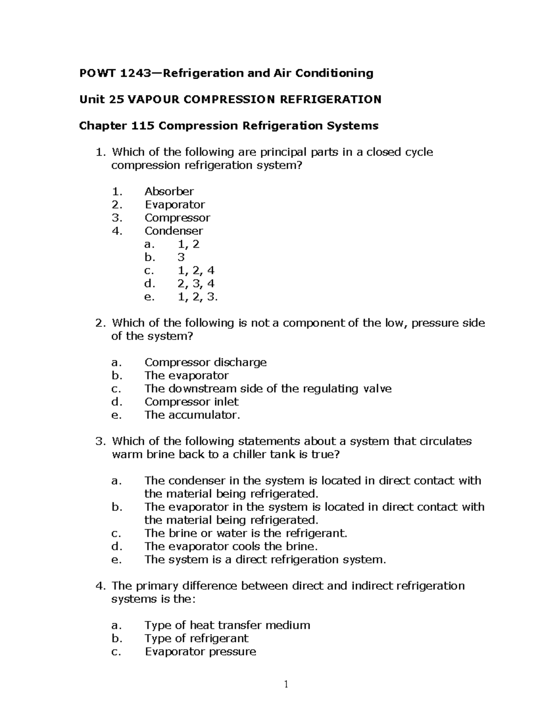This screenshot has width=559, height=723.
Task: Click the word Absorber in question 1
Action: (169, 191)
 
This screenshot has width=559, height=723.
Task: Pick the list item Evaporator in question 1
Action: (174, 204)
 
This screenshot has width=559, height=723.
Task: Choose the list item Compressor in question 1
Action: (177, 217)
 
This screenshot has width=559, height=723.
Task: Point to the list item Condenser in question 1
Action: (173, 231)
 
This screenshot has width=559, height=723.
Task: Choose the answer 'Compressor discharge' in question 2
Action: (205, 362)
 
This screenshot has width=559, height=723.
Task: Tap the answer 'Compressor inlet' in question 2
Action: (191, 402)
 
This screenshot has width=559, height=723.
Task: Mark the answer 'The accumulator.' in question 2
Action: (192, 415)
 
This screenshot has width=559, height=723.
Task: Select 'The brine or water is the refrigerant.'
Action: (245, 533)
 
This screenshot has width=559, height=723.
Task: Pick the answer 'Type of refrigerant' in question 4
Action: (196, 638)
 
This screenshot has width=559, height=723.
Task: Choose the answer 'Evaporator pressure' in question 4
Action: (200, 651)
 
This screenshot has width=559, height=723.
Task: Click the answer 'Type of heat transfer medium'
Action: (227, 625)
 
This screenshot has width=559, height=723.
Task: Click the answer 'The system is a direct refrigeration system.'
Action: (265, 559)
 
